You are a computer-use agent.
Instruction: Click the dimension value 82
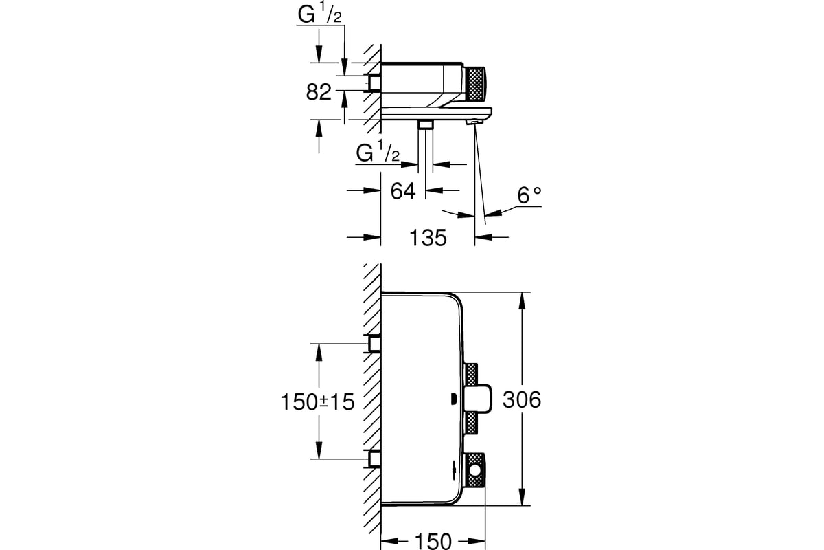(x=319, y=91)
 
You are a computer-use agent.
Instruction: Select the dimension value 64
(x=403, y=190)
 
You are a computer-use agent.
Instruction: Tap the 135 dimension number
(x=428, y=238)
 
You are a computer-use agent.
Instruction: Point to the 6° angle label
(x=529, y=197)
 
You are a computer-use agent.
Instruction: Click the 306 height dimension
(x=522, y=399)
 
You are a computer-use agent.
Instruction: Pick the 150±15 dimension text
(x=317, y=401)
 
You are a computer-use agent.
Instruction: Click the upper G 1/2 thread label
(x=320, y=15)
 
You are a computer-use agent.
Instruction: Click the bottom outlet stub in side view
(x=426, y=124)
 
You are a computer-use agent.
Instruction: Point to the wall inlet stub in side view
(x=375, y=83)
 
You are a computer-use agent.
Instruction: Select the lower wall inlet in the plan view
(x=375, y=459)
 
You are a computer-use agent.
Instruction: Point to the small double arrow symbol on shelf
(x=454, y=471)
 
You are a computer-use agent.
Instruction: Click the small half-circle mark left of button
(x=453, y=399)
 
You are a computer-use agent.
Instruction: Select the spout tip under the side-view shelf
(x=474, y=122)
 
